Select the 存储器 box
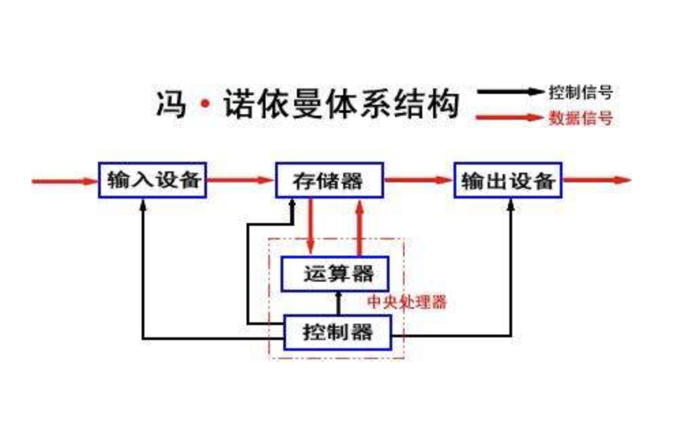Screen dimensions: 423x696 (329, 180)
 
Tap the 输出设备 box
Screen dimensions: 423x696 (508, 180)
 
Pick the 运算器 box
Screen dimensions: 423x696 (336, 273)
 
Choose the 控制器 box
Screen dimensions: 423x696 (338, 333)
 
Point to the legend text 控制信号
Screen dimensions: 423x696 (580, 91)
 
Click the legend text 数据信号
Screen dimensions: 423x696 (580, 118)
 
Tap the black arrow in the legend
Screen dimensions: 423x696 (511, 91)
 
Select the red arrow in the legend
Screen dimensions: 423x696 (511, 118)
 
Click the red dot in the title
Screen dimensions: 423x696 (204, 106)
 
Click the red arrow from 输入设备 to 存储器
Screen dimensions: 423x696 (240, 180)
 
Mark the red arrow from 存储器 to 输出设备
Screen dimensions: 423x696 (418, 180)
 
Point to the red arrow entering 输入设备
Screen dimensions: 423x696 (65, 181)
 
